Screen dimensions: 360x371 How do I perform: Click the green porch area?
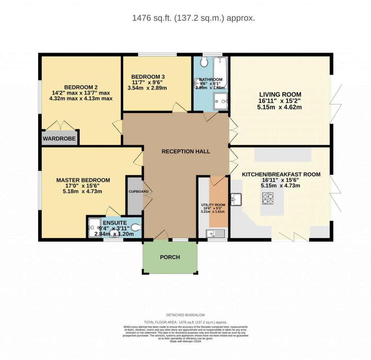pyautogui.click(x=170, y=257)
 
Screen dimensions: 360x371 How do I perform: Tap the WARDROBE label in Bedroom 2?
pyautogui.click(x=59, y=139)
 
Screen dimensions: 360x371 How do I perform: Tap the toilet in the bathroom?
pyautogui.click(x=204, y=63)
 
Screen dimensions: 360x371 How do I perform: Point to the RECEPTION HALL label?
pyautogui.click(x=186, y=151)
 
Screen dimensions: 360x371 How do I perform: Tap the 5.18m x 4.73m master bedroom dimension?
pyautogui.click(x=82, y=192)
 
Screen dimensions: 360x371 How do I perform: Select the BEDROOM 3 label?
pyautogui.click(x=148, y=77)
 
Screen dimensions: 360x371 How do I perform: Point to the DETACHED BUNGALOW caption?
pyautogui.click(x=186, y=315)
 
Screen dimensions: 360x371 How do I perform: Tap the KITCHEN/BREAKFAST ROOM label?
pyautogui.click(x=281, y=174)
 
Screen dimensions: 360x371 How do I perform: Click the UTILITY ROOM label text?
pyautogui.click(x=213, y=205)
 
